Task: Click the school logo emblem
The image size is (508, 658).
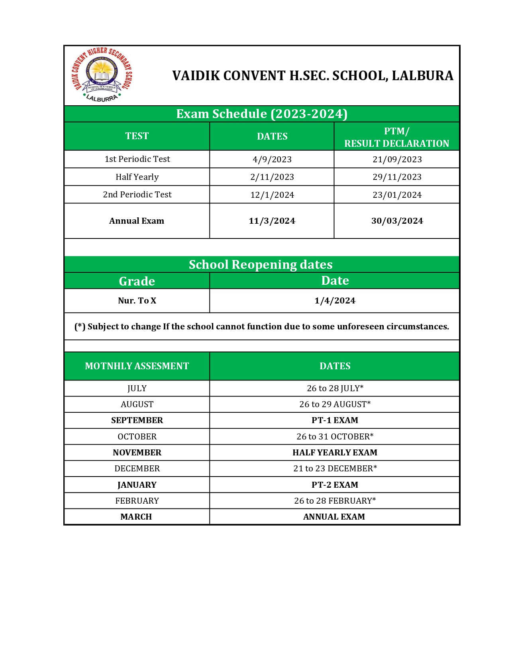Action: coord(102,75)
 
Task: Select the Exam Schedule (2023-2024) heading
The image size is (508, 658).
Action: coord(262,114)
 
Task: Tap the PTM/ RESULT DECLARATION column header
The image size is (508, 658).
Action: coord(396,137)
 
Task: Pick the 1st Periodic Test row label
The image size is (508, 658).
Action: coord(137,159)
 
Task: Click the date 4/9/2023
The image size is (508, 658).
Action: coord(272,160)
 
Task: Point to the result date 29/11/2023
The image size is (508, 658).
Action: coord(397,177)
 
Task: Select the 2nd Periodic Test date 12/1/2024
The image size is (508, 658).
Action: coord(272,195)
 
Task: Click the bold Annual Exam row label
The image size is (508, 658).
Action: coord(137,221)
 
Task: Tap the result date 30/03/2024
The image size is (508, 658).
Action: coord(397,221)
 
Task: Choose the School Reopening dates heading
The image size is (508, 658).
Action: coord(261,264)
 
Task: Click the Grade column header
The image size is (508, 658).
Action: coord(137,281)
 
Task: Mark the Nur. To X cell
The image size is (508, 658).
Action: coord(137,301)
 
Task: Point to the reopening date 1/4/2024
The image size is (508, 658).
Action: coord(335,301)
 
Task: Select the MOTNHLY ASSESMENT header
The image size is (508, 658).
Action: coord(137,366)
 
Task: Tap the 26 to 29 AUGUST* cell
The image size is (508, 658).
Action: coord(335,404)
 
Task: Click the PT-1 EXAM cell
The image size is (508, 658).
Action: coord(335,420)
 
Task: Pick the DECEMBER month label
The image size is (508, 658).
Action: coord(137,469)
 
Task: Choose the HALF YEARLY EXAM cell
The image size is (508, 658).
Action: coord(335,453)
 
